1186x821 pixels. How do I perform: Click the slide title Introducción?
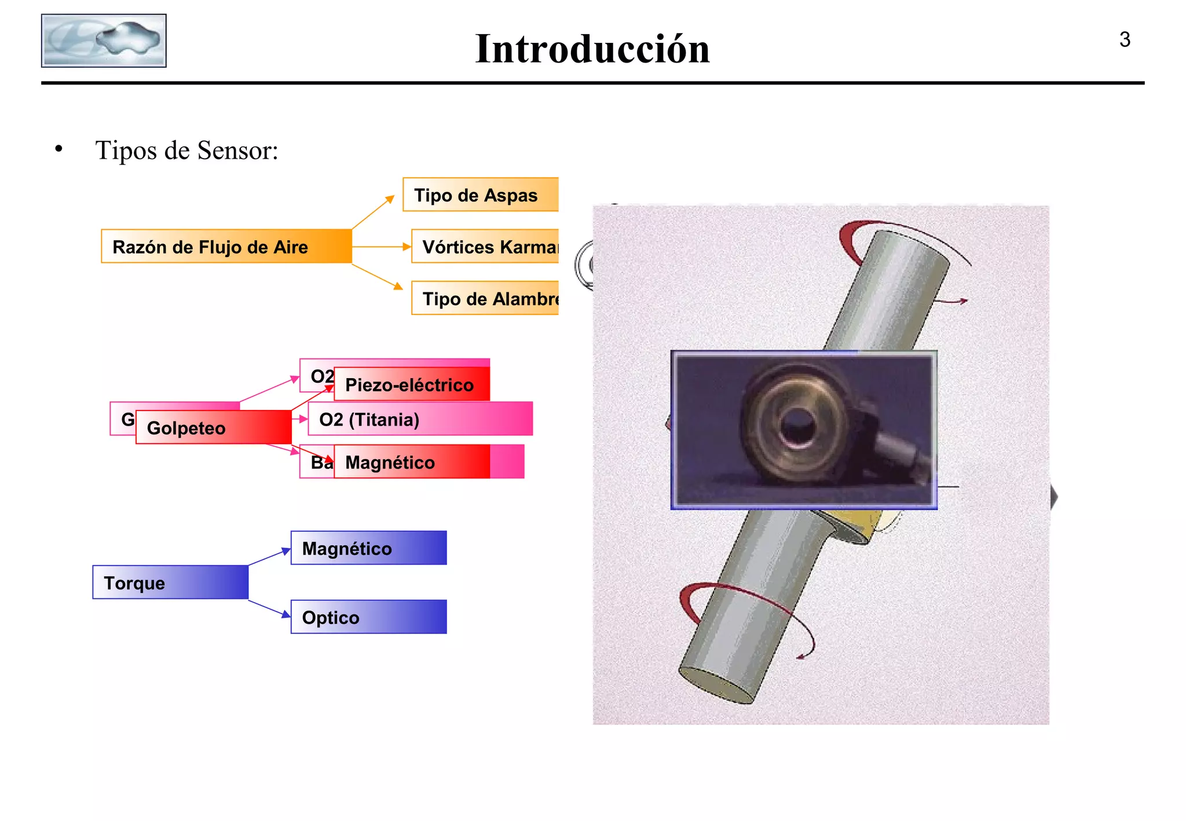click(x=592, y=49)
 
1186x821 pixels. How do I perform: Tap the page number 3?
click(x=1124, y=39)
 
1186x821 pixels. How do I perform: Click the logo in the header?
click(x=104, y=41)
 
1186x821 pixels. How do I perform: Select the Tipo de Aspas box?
click(x=480, y=195)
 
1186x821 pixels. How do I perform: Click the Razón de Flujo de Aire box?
click(x=226, y=247)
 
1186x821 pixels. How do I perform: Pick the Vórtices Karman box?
click(x=485, y=247)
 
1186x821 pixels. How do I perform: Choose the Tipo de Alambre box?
click(x=485, y=299)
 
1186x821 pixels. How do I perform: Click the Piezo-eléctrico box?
click(x=411, y=384)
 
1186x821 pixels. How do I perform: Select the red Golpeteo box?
click(x=213, y=428)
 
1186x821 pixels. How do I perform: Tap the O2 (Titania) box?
click(x=420, y=419)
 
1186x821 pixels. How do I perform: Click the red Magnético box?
click(x=411, y=462)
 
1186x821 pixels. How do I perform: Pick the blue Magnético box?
click(x=368, y=548)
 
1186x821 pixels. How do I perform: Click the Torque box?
click(x=170, y=582)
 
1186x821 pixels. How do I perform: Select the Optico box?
click(x=368, y=617)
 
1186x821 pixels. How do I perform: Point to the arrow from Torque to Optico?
click(x=269, y=609)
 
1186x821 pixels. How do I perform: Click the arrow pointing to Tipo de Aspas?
click(x=373, y=212)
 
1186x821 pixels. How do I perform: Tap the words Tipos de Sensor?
click(x=186, y=151)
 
